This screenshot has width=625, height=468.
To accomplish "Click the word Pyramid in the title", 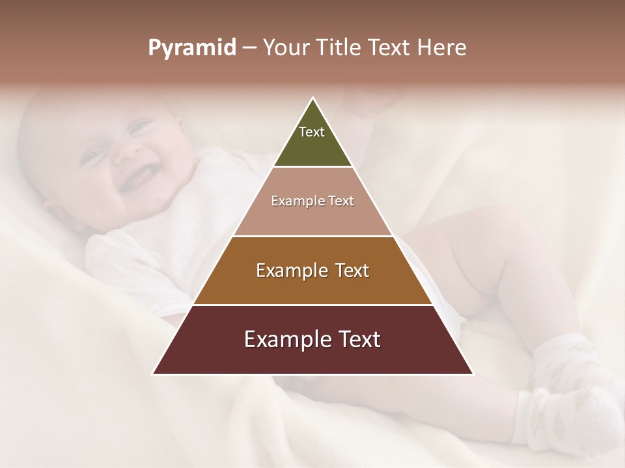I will tap(191, 48).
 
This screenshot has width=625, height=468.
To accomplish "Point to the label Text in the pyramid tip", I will tap(312, 132).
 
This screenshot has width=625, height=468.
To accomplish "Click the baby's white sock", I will tap(573, 390).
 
